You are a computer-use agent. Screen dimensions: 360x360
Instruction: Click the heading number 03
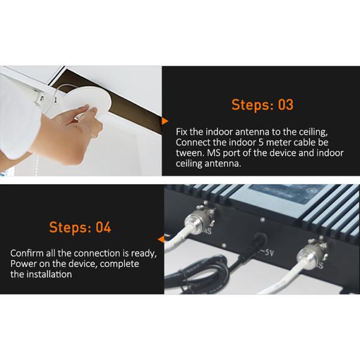coord(286,104)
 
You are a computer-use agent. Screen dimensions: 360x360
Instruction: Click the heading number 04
coord(103,227)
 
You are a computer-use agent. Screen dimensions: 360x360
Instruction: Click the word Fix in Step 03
coord(181,132)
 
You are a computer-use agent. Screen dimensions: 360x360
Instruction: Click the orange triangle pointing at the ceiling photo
coord(164,121)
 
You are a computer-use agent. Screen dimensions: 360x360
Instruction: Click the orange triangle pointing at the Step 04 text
coord(161,239)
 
